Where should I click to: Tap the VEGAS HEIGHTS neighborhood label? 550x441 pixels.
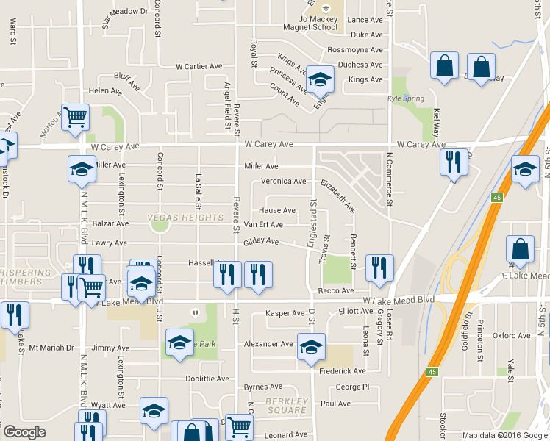click(185, 218)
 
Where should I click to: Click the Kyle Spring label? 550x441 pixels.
click(401, 98)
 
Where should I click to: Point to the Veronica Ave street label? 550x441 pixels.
click(284, 182)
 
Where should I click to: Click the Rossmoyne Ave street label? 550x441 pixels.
click(355, 50)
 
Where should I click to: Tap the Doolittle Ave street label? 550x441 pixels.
click(207, 379)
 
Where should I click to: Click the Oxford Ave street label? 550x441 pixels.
click(511, 335)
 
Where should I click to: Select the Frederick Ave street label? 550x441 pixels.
click(342, 371)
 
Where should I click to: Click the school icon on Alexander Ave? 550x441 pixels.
click(311, 345)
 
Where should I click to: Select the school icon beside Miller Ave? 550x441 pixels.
click(82, 168)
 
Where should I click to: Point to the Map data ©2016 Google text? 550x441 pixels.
click(504, 435)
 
